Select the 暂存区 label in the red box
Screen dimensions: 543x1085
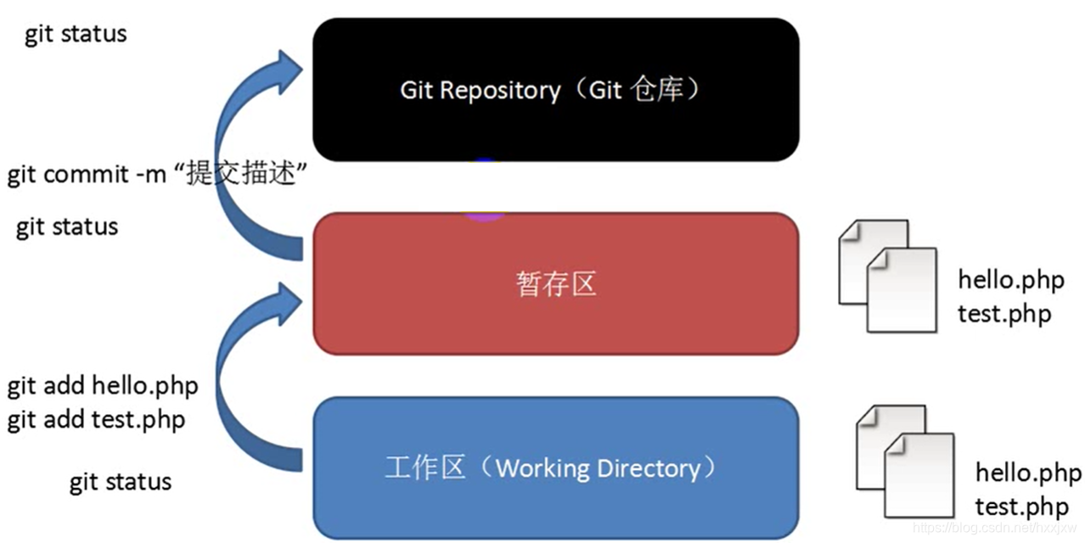pos(556,284)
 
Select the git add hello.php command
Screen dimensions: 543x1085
pos(103,386)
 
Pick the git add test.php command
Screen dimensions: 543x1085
pos(96,419)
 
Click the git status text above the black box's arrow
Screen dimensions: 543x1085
pos(76,35)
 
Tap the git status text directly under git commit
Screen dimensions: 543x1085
pos(67,227)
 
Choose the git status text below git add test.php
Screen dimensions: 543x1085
pos(121,483)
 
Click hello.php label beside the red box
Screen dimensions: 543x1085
pos(1010,280)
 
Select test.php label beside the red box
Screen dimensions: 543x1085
pos(1004,314)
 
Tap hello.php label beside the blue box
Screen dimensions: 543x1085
pos(1028,473)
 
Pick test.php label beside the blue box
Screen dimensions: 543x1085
pos(1021,507)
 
